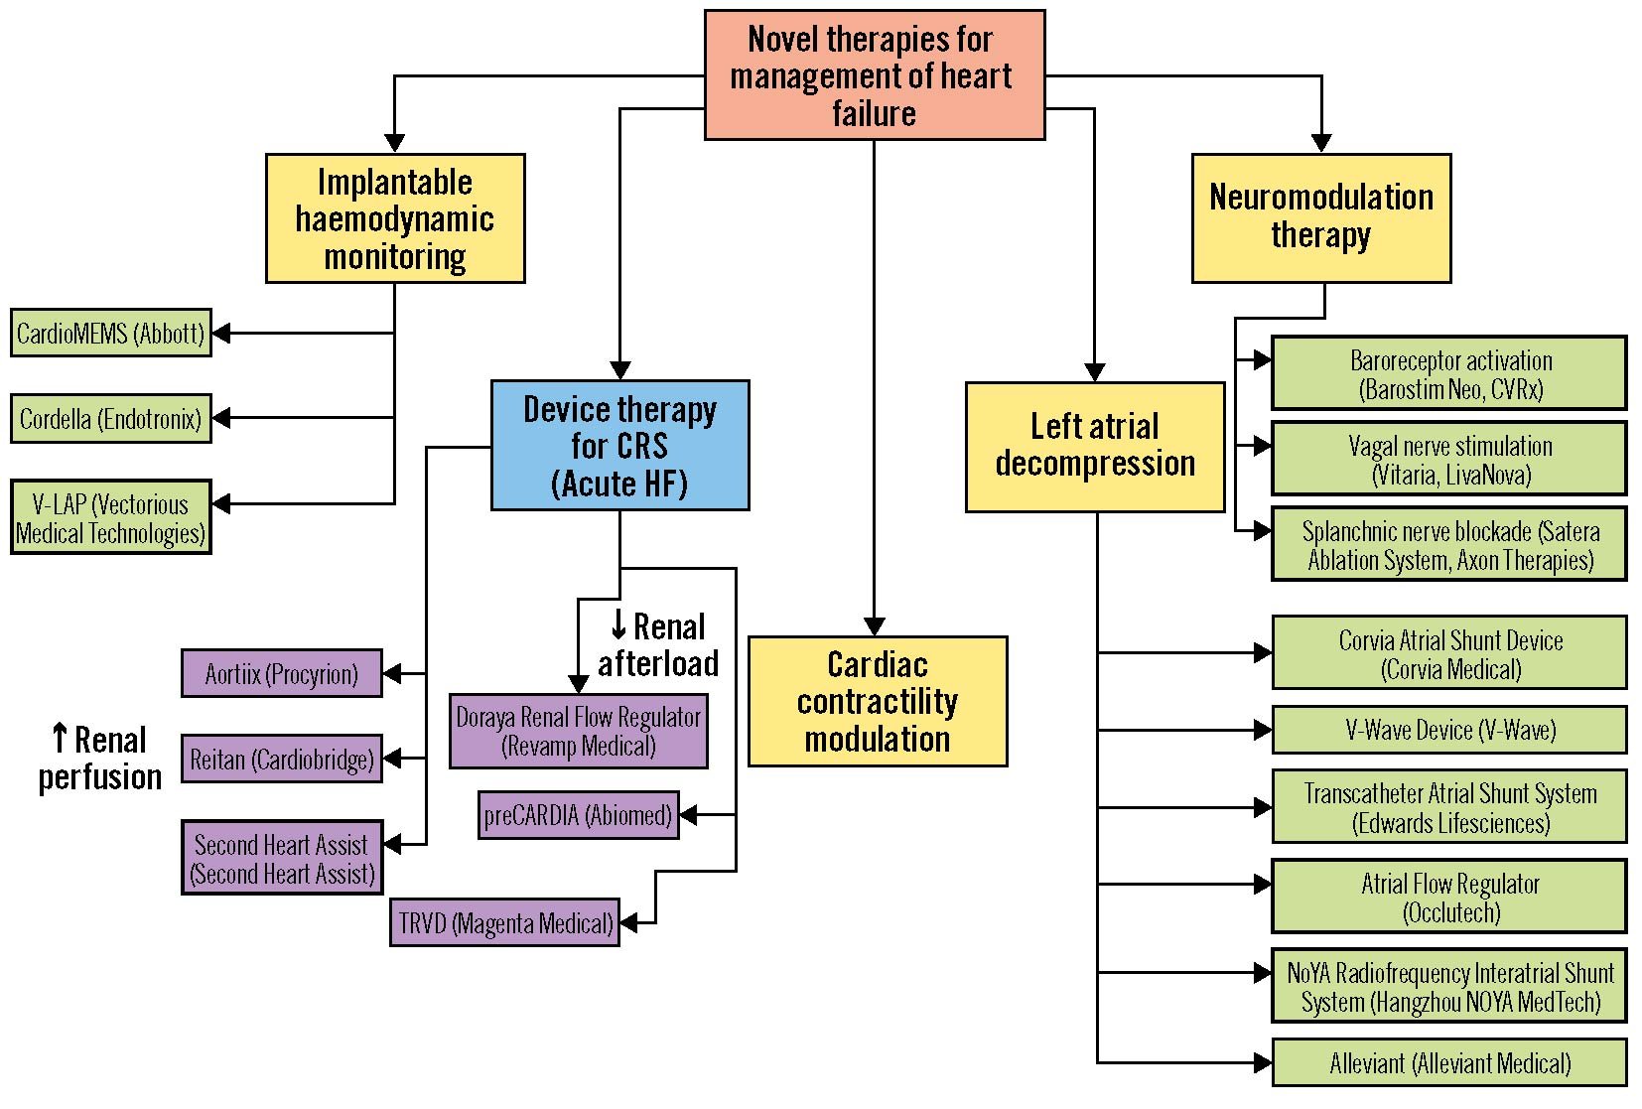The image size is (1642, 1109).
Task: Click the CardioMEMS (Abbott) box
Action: coord(111,334)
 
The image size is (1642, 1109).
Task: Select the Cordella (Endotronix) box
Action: coord(111,419)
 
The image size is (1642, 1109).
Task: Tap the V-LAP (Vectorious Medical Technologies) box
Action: coord(111,517)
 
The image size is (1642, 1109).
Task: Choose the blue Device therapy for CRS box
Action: coord(620,446)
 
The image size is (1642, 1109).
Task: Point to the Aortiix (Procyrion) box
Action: coord(282,674)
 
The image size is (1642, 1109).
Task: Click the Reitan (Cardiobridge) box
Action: coord(282,760)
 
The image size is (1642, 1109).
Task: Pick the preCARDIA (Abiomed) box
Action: coord(579,815)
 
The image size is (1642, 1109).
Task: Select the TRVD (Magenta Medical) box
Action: coord(505,923)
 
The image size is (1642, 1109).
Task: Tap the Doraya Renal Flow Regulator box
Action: coord(579,732)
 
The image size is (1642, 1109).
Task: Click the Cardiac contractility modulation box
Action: coord(878,702)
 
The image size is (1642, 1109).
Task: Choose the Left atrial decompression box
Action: coord(1095,447)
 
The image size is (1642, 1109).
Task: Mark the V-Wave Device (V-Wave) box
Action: coord(1449,731)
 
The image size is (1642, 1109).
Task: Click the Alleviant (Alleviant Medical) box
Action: coord(1449,1063)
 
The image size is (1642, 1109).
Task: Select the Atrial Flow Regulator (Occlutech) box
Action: coord(1449,898)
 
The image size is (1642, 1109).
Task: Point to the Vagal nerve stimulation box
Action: coord(1449,460)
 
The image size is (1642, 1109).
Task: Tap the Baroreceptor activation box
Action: coord(1449,374)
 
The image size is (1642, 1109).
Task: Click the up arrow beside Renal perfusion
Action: coord(60,739)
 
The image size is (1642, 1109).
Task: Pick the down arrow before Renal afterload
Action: coord(618,625)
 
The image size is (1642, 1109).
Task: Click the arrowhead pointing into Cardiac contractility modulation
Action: coord(875,626)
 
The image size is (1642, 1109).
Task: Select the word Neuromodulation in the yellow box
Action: coord(1321,198)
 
